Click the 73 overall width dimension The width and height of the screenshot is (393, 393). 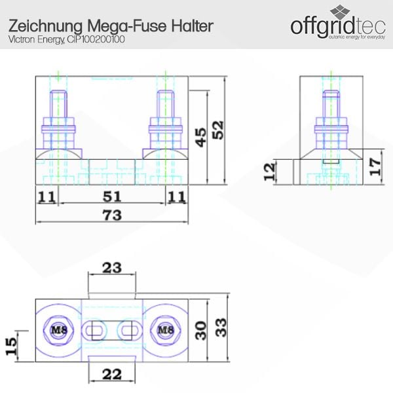(112, 215)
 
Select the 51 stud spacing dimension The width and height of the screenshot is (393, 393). (112, 196)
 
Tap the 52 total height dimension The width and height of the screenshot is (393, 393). (218, 130)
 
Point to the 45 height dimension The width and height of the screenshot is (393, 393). (201, 138)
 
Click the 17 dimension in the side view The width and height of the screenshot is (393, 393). (375, 166)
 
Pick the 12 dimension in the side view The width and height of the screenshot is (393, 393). (270, 172)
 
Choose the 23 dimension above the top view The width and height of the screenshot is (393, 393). (112, 268)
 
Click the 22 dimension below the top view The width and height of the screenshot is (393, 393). (112, 375)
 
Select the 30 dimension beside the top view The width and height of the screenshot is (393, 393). (201, 331)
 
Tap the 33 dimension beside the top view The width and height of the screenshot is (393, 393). (221, 327)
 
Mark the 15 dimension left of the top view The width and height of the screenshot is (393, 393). (11, 346)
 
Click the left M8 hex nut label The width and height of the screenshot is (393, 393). (59, 330)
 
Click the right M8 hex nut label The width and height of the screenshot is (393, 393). (166, 330)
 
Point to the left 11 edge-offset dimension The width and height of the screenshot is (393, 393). (47, 196)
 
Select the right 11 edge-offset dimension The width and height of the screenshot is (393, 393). (177, 196)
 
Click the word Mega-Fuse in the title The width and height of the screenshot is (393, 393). (127, 26)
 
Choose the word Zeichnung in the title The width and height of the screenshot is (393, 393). (46, 26)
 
